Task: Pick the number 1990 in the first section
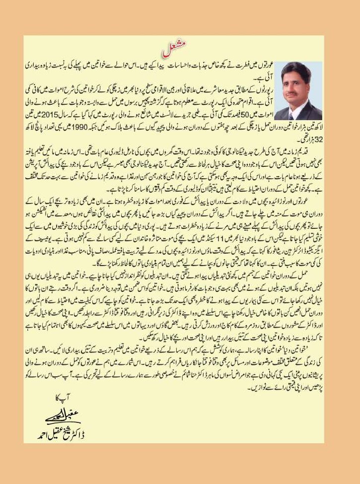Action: [x=96, y=130]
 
